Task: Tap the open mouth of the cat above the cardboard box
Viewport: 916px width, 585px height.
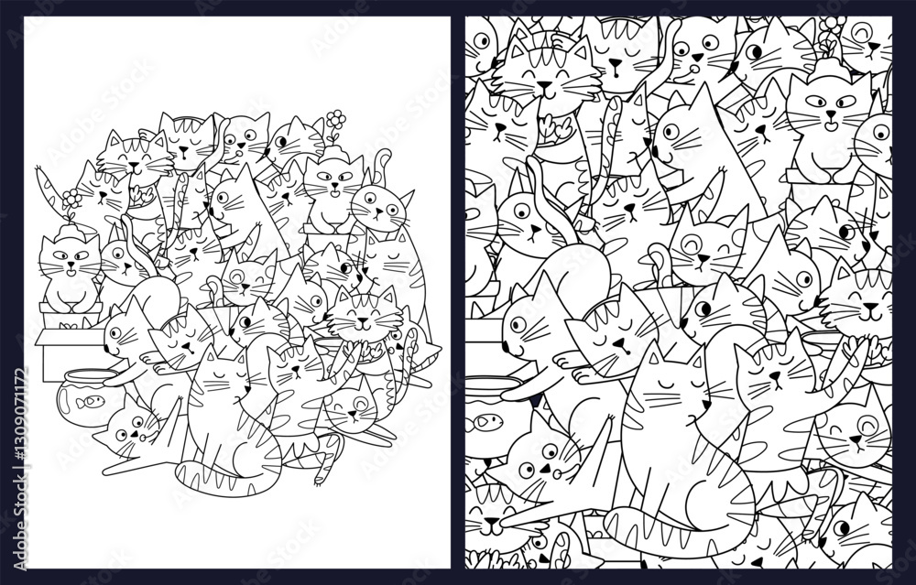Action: [71, 270]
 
